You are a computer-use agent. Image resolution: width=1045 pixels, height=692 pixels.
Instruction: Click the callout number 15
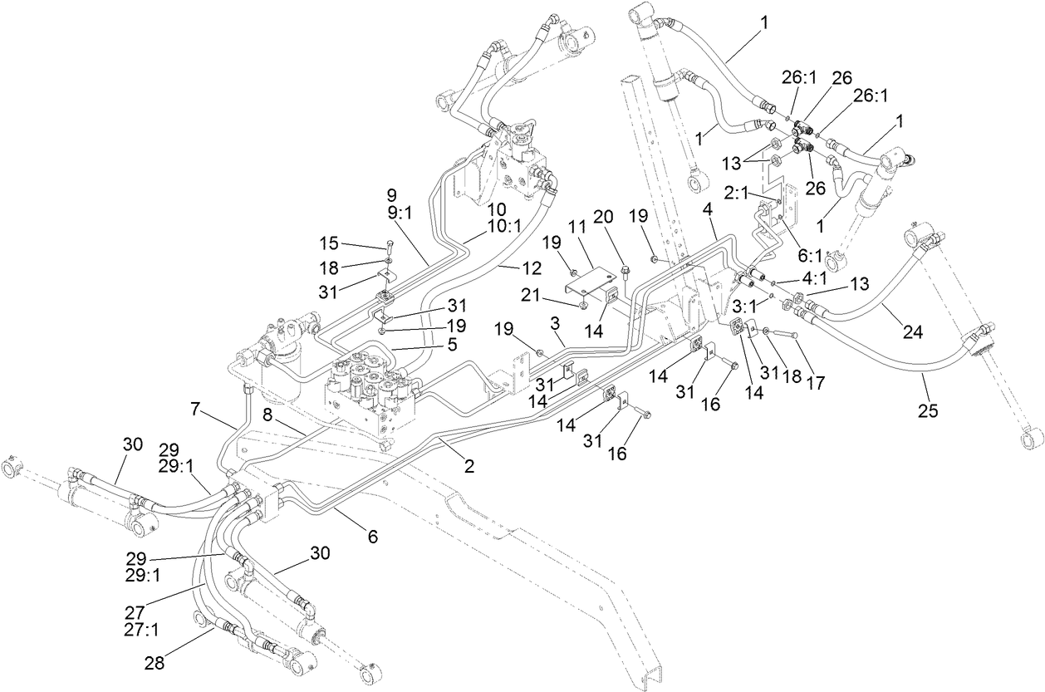[x=330, y=243]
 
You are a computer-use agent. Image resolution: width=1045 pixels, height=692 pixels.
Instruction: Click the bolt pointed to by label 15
[x=389, y=247]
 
